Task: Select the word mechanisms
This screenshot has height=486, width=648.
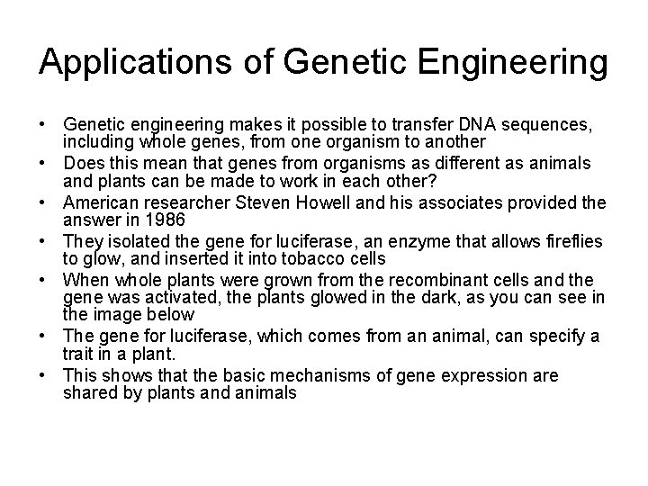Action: (x=310, y=375)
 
